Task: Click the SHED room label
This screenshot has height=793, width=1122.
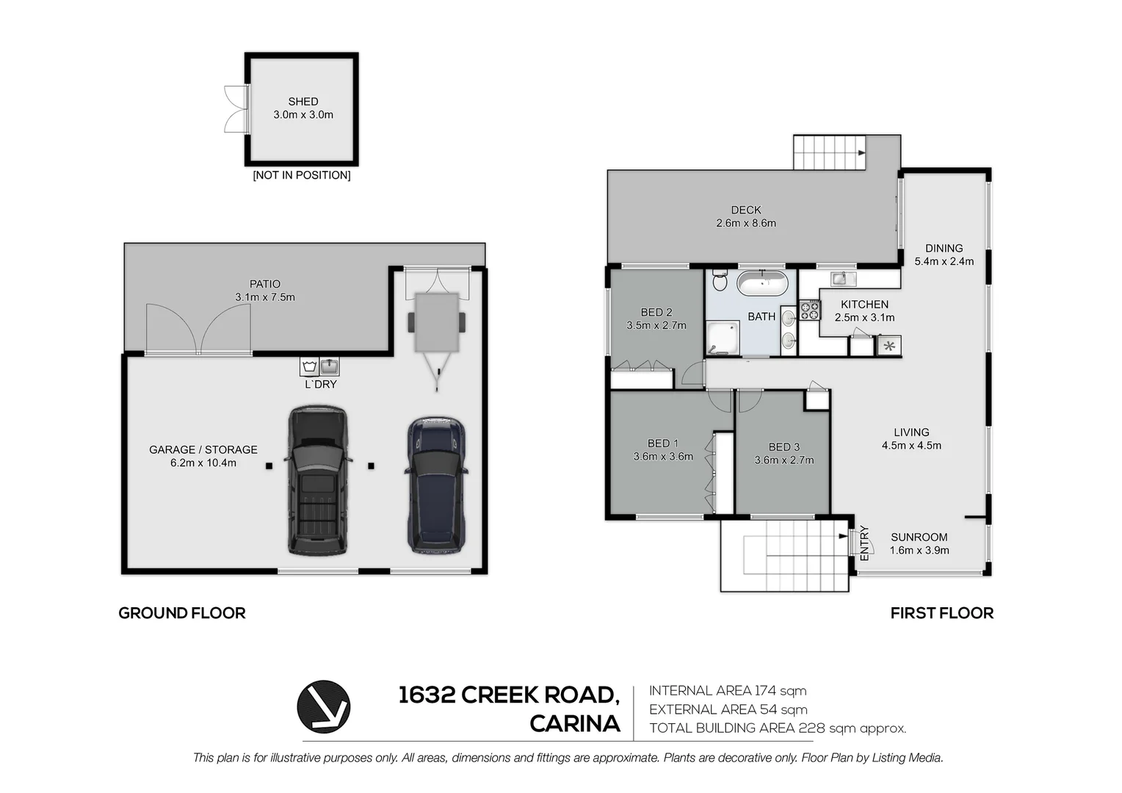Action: (303, 101)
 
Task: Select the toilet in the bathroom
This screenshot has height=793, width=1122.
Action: (720, 280)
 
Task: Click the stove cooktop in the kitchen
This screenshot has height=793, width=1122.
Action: (809, 310)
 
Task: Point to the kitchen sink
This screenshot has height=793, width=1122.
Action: (844, 278)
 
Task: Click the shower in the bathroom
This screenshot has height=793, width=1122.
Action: (723, 337)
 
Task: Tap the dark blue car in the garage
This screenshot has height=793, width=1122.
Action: (435, 485)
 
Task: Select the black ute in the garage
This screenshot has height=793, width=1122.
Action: (317, 480)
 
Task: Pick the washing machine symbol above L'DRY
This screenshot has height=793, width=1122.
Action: (309, 366)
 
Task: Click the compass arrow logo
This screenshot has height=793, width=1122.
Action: (324, 707)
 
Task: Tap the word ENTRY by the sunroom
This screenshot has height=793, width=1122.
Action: (864, 543)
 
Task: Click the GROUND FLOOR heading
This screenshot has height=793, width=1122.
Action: (182, 613)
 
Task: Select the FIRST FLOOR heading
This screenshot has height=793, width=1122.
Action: (941, 613)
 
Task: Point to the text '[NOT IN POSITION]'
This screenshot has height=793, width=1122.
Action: (302, 175)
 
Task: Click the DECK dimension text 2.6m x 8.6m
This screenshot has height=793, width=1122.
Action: (746, 223)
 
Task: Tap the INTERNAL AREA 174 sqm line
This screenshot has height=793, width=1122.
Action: (728, 691)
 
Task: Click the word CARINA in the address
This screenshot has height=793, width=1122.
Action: (575, 724)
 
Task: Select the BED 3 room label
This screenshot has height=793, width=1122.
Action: (784, 447)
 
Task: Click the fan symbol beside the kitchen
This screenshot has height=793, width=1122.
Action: (889, 346)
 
